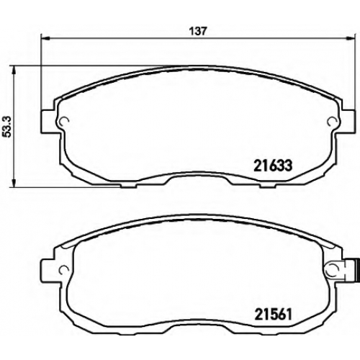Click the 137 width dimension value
click(198, 31)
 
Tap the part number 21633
click(273, 166)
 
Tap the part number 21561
click(273, 315)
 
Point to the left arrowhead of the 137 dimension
click(45, 37)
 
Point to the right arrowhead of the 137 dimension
click(350, 37)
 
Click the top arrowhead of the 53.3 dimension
click(14, 70)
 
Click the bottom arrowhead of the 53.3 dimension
click(14, 182)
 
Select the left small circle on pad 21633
click(64, 121)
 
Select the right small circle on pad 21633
click(333, 121)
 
